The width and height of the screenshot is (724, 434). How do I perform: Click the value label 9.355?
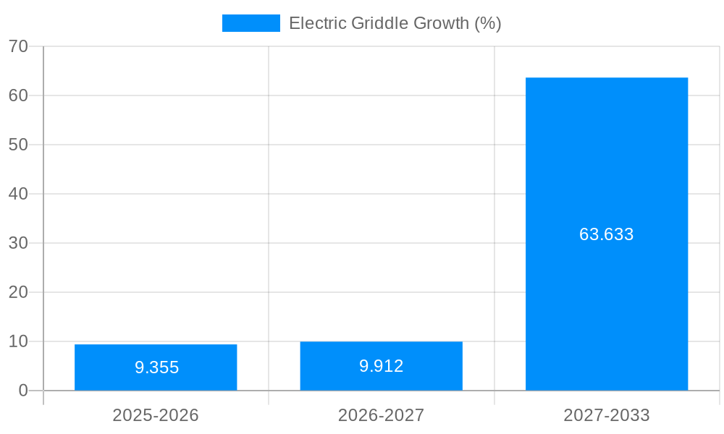156,367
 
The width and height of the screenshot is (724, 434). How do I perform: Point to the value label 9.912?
381,366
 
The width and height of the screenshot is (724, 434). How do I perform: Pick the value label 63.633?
607,234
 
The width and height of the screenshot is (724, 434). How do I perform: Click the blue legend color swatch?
251,23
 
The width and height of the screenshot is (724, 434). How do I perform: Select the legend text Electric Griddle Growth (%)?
395,23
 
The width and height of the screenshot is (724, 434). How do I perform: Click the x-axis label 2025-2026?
156,415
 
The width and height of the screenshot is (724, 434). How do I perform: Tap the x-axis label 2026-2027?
381,415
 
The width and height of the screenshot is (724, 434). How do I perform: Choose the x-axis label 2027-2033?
607,415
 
